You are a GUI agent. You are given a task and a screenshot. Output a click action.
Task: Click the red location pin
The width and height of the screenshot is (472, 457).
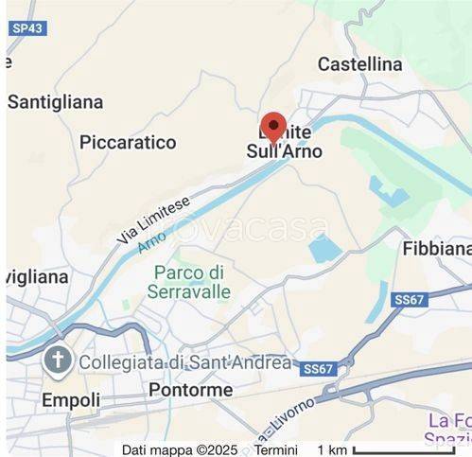(273, 126)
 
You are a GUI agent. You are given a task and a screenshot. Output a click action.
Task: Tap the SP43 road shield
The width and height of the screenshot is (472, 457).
(28, 28)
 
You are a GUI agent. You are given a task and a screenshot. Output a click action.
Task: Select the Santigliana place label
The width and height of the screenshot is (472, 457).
(55, 100)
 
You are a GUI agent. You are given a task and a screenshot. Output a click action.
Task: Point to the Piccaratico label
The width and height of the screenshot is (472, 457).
(128, 142)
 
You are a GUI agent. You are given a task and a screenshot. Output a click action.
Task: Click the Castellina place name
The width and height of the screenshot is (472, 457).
(359, 64)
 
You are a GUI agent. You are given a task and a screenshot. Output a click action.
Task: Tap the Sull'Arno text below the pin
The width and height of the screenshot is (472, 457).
(284, 151)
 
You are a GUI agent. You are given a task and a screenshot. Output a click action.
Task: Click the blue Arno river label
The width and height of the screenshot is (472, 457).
(151, 241)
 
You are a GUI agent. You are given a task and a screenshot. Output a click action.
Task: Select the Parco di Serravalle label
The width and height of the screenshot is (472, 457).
(189, 282)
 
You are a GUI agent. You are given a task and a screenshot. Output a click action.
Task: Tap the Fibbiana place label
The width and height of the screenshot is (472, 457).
(436, 249)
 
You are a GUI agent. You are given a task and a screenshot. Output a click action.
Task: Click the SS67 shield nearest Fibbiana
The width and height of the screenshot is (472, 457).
(409, 299)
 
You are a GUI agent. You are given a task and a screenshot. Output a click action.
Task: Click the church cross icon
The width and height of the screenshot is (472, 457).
(59, 360)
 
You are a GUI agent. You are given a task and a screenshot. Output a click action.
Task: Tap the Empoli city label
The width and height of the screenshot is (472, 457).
(71, 400)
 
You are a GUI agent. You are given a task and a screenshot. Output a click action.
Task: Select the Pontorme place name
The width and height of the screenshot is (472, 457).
(190, 390)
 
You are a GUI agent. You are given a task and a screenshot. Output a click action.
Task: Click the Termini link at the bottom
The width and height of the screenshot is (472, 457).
(274, 449)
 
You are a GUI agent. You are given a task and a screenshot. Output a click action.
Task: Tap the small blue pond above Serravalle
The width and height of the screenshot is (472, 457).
(324, 249)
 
